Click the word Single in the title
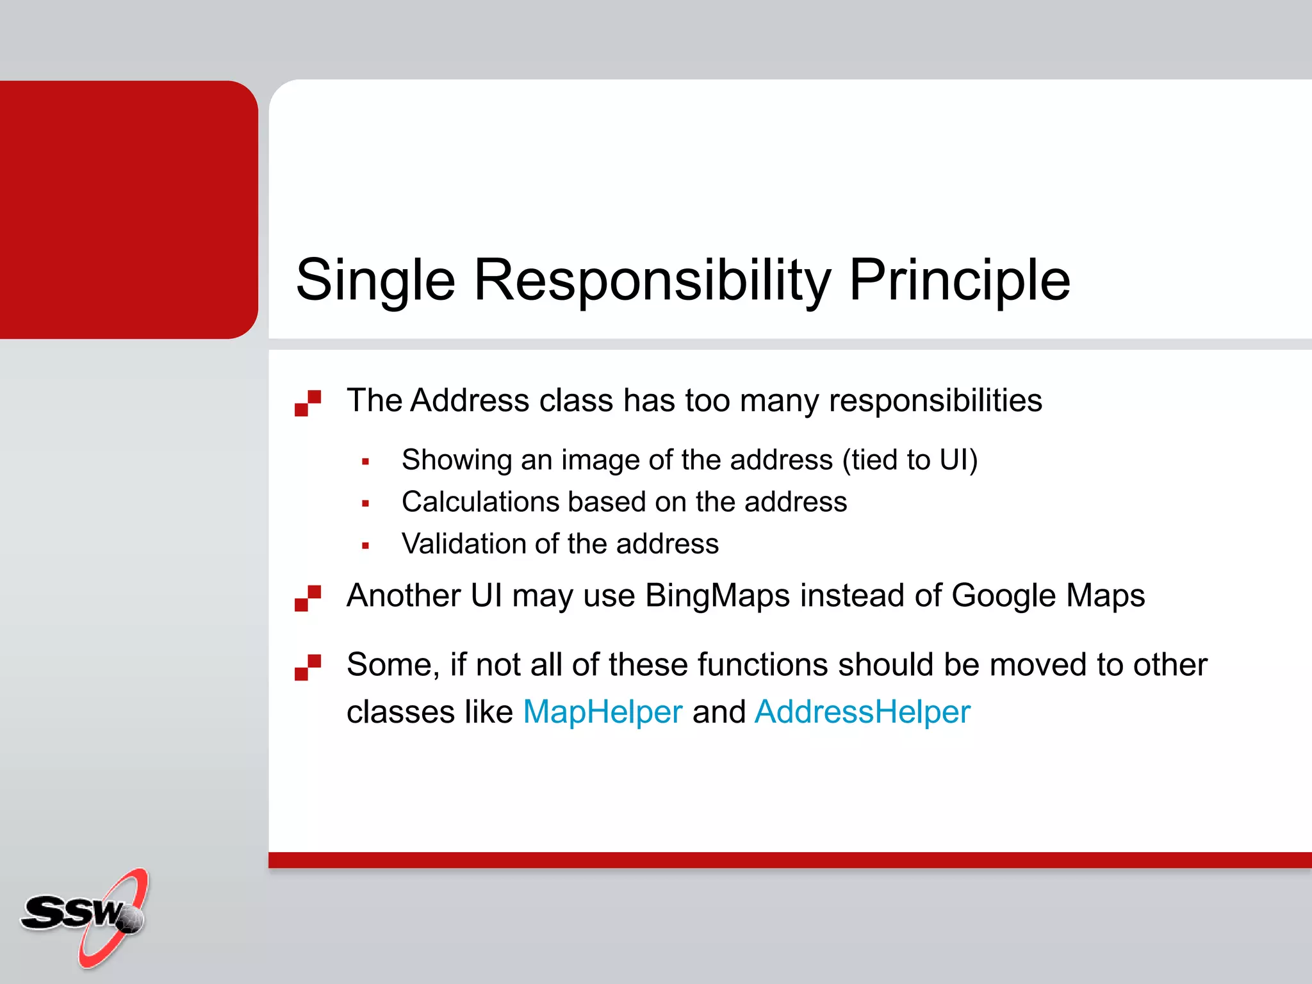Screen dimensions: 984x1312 tap(375, 281)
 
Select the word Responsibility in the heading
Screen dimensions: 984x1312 tap(652, 281)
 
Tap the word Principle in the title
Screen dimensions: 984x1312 tap(959, 281)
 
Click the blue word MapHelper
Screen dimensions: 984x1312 tap(602, 712)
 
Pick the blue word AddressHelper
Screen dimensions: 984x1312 tap(862, 712)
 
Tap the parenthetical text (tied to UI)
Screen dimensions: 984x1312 tap(910, 460)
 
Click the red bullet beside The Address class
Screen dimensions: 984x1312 tap(307, 403)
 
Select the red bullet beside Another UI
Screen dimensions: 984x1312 tap(307, 598)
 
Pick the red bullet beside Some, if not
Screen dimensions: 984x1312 tap(307, 667)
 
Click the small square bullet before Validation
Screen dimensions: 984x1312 tap(365, 546)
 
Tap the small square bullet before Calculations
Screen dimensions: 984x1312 tap(365, 504)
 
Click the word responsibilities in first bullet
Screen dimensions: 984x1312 tap(935, 400)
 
